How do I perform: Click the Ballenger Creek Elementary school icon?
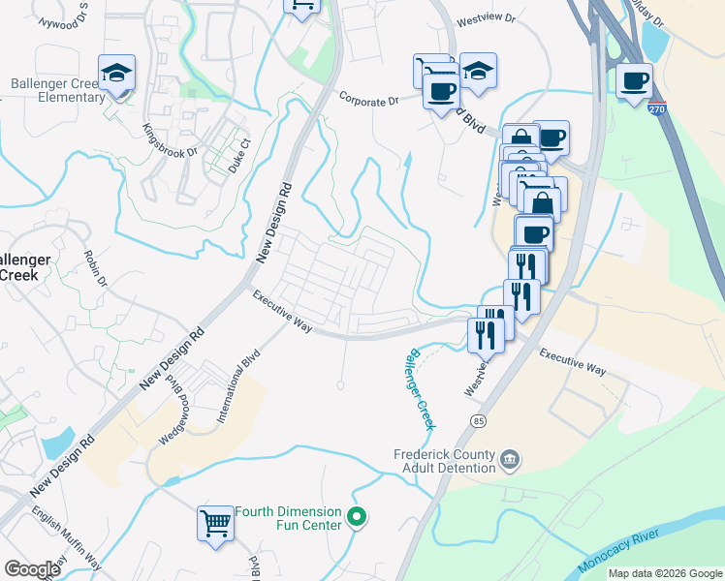click(x=116, y=73)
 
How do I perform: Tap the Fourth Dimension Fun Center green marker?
click(x=357, y=518)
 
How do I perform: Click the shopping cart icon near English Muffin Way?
click(x=216, y=525)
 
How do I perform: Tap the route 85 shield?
click(x=478, y=420)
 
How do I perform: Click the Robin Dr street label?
click(x=96, y=268)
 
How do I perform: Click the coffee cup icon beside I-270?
click(x=634, y=81)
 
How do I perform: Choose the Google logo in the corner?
click(x=32, y=569)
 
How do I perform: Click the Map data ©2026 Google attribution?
click(x=665, y=573)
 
